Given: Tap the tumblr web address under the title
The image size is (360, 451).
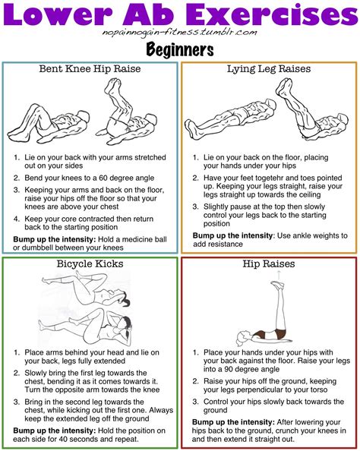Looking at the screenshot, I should click(179, 32).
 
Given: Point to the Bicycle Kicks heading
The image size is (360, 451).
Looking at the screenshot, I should click(90, 264).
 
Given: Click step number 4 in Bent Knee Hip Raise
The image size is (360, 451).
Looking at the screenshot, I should click(16, 220).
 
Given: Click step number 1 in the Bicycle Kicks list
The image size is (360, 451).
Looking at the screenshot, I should click(16, 352).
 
